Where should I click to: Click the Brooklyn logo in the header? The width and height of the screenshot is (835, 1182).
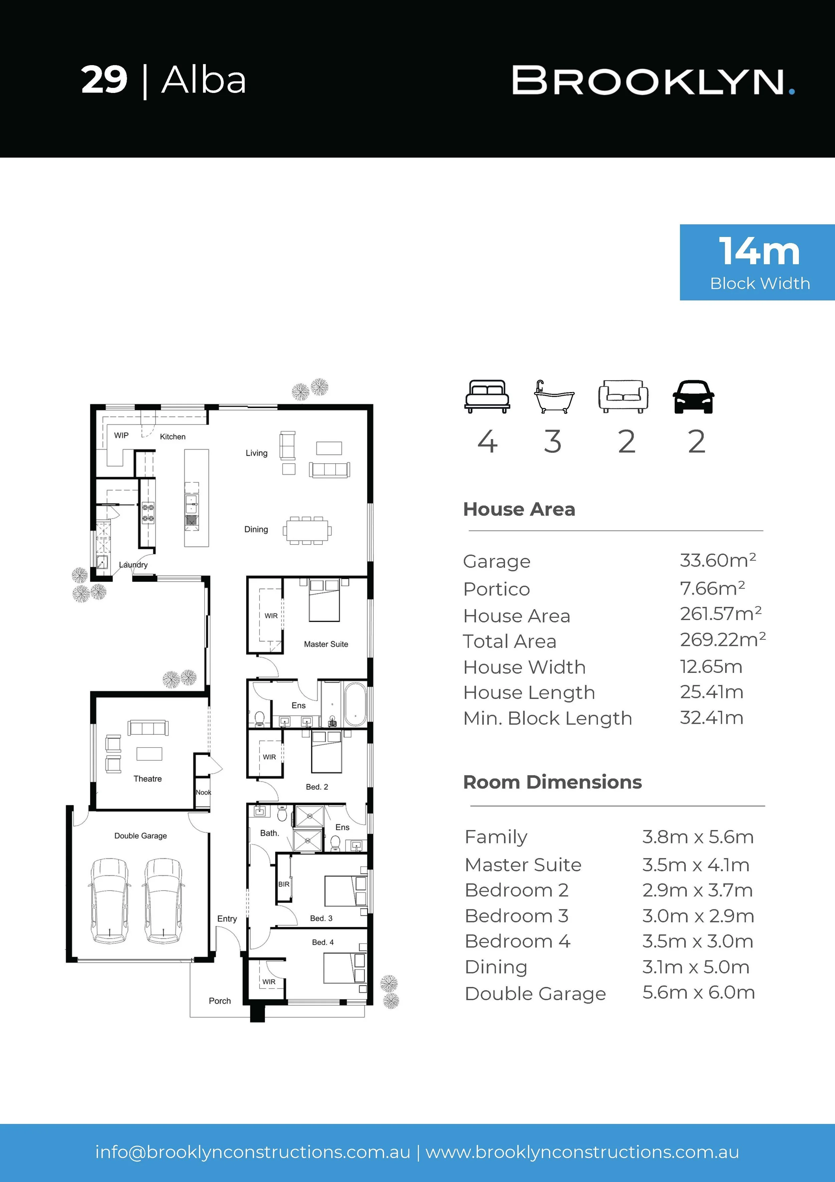click(653, 81)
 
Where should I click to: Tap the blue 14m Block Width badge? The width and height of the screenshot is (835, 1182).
click(757, 262)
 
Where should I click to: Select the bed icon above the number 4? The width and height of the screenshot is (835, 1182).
click(487, 396)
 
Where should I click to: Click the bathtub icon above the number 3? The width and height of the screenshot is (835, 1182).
click(553, 397)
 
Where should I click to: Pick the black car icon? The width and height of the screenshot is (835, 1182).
click(693, 396)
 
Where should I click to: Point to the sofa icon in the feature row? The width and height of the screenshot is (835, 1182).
click(623, 396)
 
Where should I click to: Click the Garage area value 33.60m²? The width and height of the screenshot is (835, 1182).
click(718, 560)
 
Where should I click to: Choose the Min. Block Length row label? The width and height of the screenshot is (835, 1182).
click(547, 718)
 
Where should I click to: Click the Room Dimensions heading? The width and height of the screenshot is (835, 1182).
click(552, 782)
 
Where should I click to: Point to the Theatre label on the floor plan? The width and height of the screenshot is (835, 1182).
click(148, 779)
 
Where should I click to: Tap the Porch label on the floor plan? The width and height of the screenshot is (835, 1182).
click(220, 1001)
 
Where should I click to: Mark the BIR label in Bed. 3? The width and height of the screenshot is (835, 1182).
click(284, 884)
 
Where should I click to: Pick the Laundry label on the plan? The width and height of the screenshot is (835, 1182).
click(133, 565)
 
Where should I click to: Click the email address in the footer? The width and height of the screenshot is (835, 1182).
click(253, 1152)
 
